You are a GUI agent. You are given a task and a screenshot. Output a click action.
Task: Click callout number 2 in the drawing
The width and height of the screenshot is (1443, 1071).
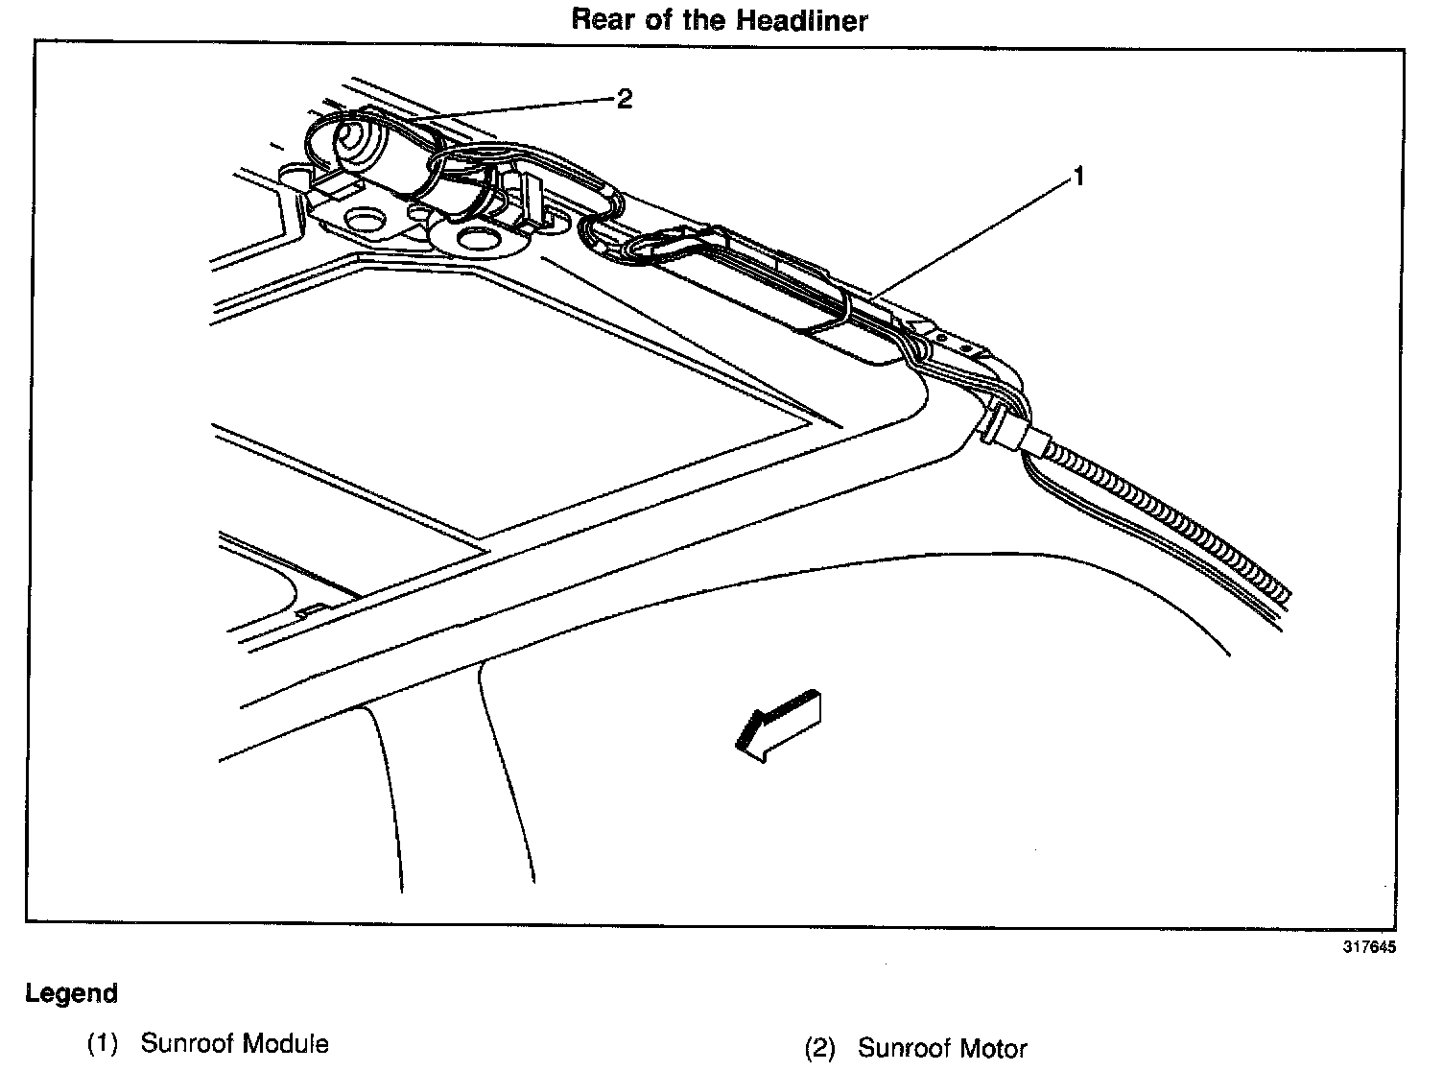pyautogui.click(x=625, y=99)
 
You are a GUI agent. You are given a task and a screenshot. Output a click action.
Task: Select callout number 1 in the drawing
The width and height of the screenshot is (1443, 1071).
pyautogui.click(x=1078, y=177)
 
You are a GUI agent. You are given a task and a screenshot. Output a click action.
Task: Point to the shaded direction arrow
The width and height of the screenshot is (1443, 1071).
pyautogui.click(x=777, y=724)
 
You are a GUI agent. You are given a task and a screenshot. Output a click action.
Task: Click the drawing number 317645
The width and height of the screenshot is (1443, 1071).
pyautogui.click(x=1369, y=946)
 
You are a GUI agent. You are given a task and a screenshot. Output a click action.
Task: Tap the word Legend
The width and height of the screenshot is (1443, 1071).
pyautogui.click(x=71, y=993)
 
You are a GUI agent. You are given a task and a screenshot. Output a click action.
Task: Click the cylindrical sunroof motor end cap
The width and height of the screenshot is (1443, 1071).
pyautogui.click(x=351, y=143)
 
